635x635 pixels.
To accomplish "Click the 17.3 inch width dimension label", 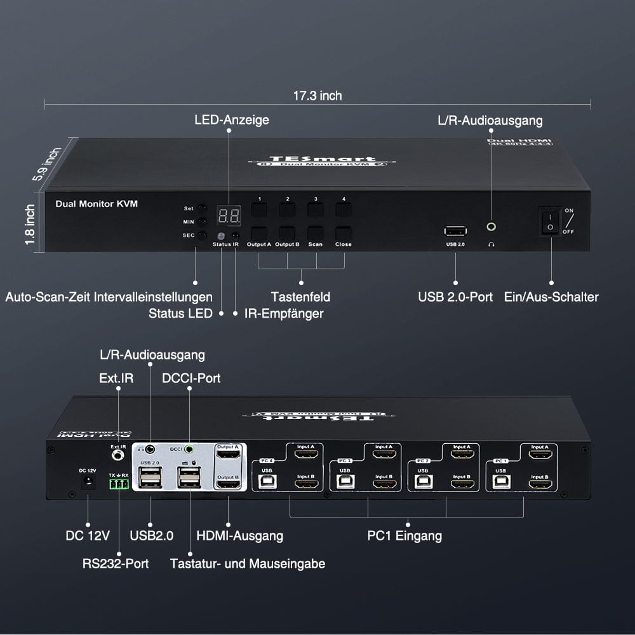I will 317,96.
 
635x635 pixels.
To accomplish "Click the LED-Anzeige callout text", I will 232,120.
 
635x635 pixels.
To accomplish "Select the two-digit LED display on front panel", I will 229,216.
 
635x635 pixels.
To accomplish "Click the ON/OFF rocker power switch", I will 551,220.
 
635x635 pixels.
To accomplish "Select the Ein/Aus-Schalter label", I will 551,297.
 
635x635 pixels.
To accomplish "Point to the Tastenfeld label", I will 300,297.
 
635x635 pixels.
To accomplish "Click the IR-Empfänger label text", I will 284,313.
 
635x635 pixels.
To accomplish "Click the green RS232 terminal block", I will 119,485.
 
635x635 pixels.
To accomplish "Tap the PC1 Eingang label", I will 404,536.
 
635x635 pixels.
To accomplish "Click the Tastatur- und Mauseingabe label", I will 248,563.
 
